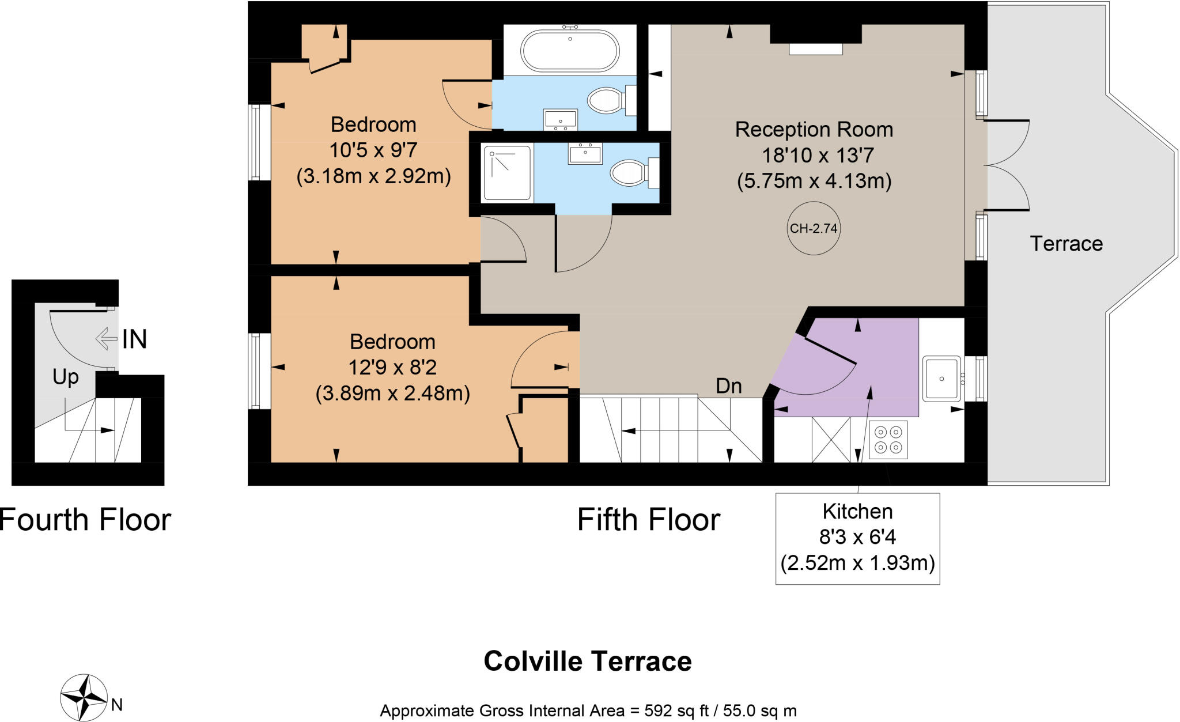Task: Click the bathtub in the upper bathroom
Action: (x=570, y=50)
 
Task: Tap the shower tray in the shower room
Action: (x=507, y=173)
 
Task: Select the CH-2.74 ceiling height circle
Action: (x=813, y=228)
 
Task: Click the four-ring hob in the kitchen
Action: (x=887, y=440)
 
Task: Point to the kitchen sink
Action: (x=941, y=379)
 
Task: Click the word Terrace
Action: (x=1066, y=244)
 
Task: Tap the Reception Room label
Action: (x=814, y=130)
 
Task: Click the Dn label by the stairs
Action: (x=728, y=386)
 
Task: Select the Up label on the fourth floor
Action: (x=65, y=377)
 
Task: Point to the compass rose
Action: (x=84, y=697)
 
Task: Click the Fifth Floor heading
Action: (x=648, y=520)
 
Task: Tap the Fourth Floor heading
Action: (x=85, y=520)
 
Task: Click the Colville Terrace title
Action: (x=587, y=661)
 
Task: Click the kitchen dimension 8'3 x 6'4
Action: (x=857, y=537)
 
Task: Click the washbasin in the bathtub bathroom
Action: (x=560, y=120)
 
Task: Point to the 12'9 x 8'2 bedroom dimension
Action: (x=392, y=367)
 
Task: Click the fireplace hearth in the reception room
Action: (x=815, y=50)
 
